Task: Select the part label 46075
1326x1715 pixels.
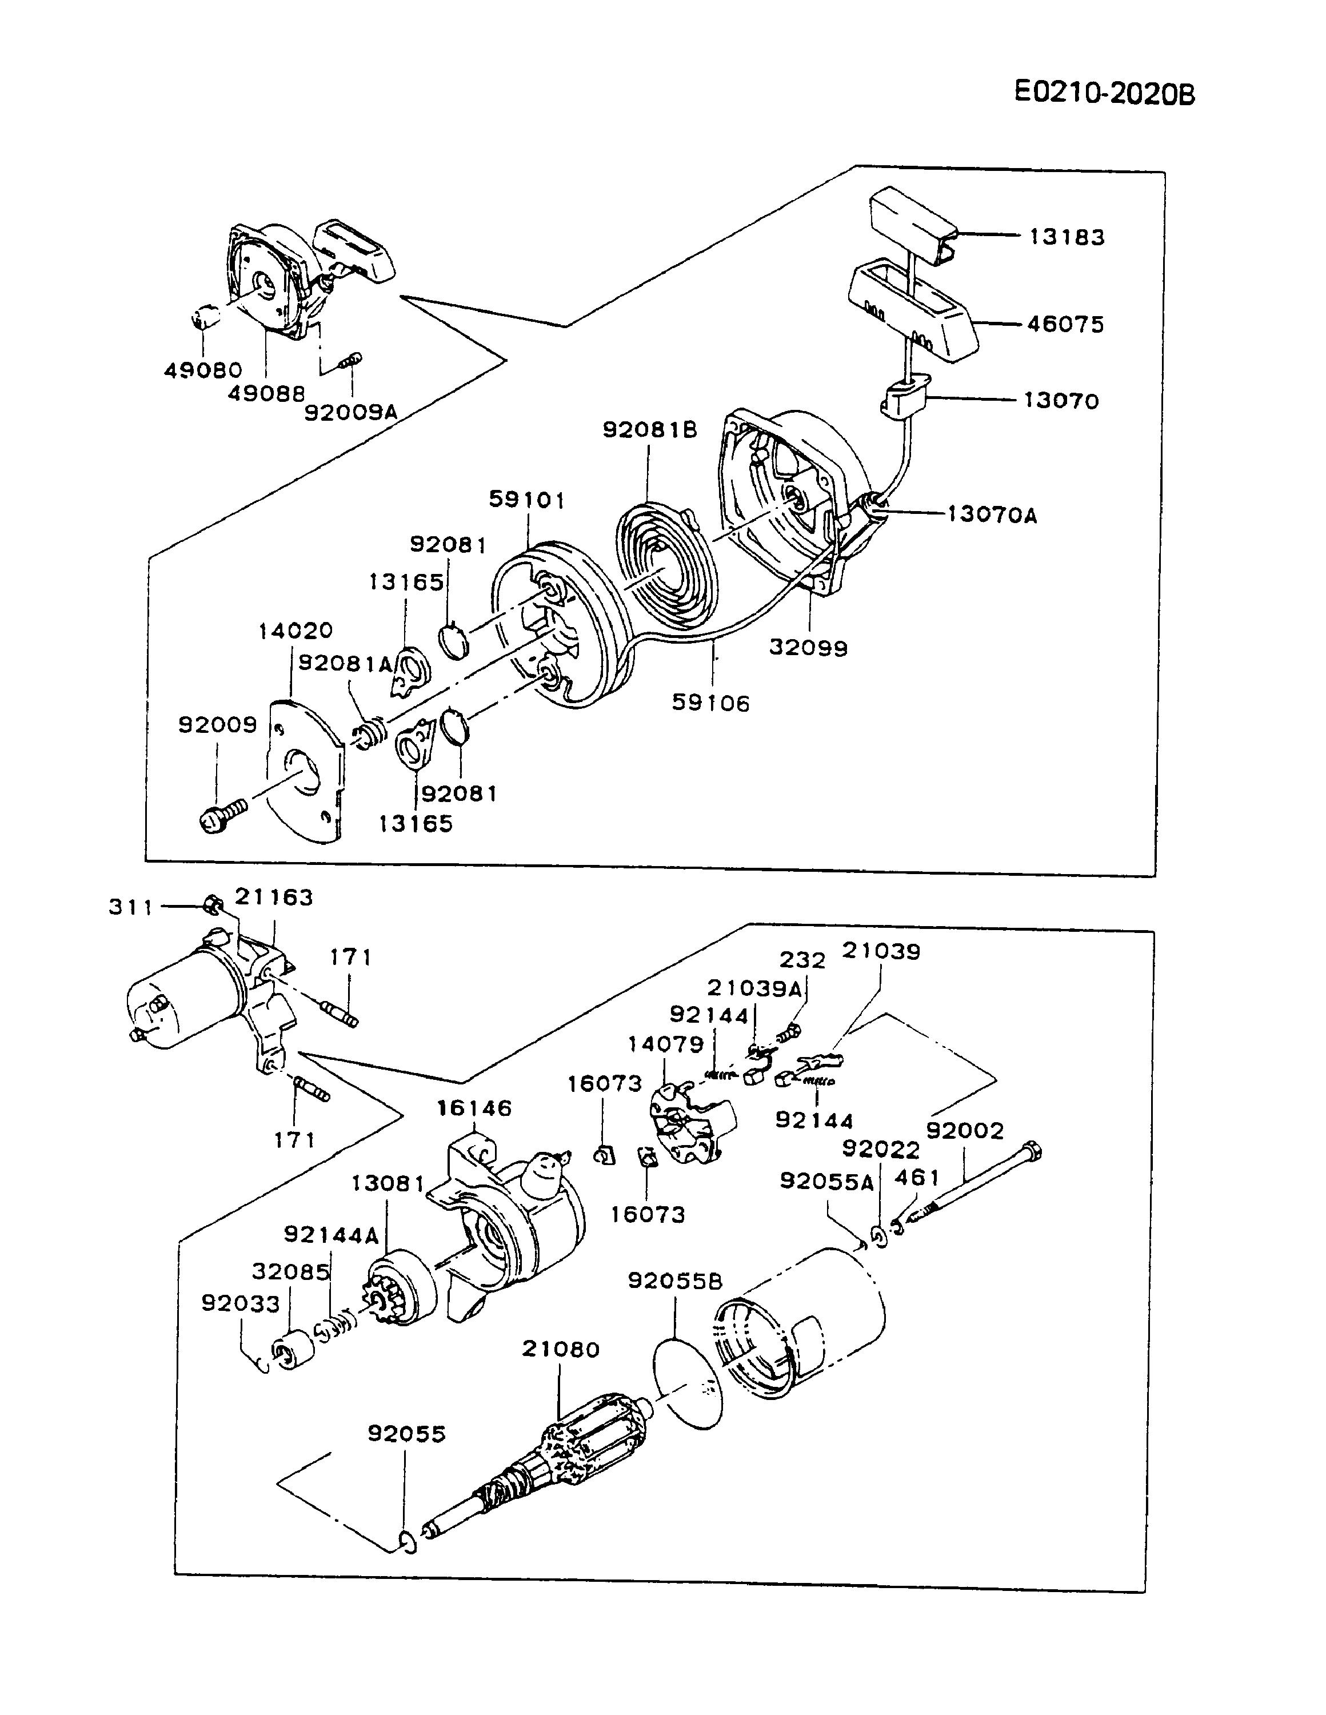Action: pyautogui.click(x=1065, y=324)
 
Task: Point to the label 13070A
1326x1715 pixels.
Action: pyautogui.click(x=992, y=514)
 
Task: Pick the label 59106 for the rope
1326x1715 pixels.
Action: pyautogui.click(x=710, y=702)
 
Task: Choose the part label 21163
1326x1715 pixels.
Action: pyautogui.click(x=274, y=897)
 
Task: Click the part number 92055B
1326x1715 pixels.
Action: pyautogui.click(x=674, y=1281)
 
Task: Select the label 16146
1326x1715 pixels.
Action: pyautogui.click(x=474, y=1108)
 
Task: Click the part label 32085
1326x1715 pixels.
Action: pyautogui.click(x=290, y=1271)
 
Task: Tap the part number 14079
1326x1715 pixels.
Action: pyautogui.click(x=666, y=1044)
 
